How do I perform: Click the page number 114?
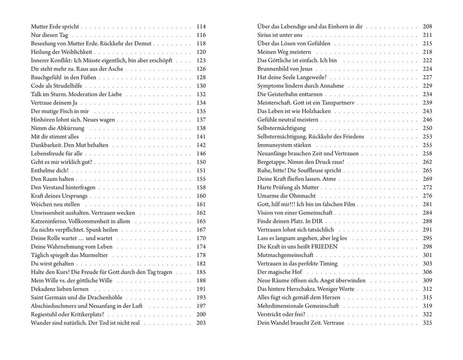pos(201,27)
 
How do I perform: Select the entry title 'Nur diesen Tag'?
pos(49,35)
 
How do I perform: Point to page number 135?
pos(201,111)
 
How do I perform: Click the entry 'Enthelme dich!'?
pos(49,170)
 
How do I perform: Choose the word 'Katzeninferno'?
pos(49,222)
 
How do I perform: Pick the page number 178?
pos(201,255)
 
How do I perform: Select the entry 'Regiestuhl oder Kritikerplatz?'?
pos(67,315)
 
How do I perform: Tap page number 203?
pos(201,323)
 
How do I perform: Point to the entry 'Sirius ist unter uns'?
pos(280,35)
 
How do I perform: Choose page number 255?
pos(427,145)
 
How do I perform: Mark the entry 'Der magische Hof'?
pos(279,272)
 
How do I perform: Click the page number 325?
pos(427,323)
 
